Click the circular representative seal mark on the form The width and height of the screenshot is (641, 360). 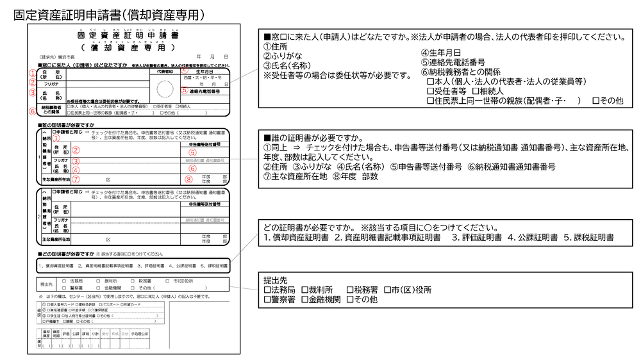(x=165, y=88)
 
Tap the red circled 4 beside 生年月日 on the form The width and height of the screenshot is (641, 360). (x=184, y=71)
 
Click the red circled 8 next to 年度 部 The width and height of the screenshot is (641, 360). (x=188, y=179)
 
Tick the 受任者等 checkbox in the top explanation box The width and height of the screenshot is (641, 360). (x=430, y=91)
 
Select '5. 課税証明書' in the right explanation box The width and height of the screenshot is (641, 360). (x=589, y=238)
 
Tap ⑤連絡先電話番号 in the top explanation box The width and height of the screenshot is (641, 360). (x=453, y=62)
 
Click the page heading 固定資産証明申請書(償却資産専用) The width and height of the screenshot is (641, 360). (x=109, y=14)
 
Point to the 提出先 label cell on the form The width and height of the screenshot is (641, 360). (x=47, y=284)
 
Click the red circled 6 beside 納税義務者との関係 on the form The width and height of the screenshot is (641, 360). (x=32, y=110)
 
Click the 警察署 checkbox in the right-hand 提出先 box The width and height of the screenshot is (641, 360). (x=268, y=299)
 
